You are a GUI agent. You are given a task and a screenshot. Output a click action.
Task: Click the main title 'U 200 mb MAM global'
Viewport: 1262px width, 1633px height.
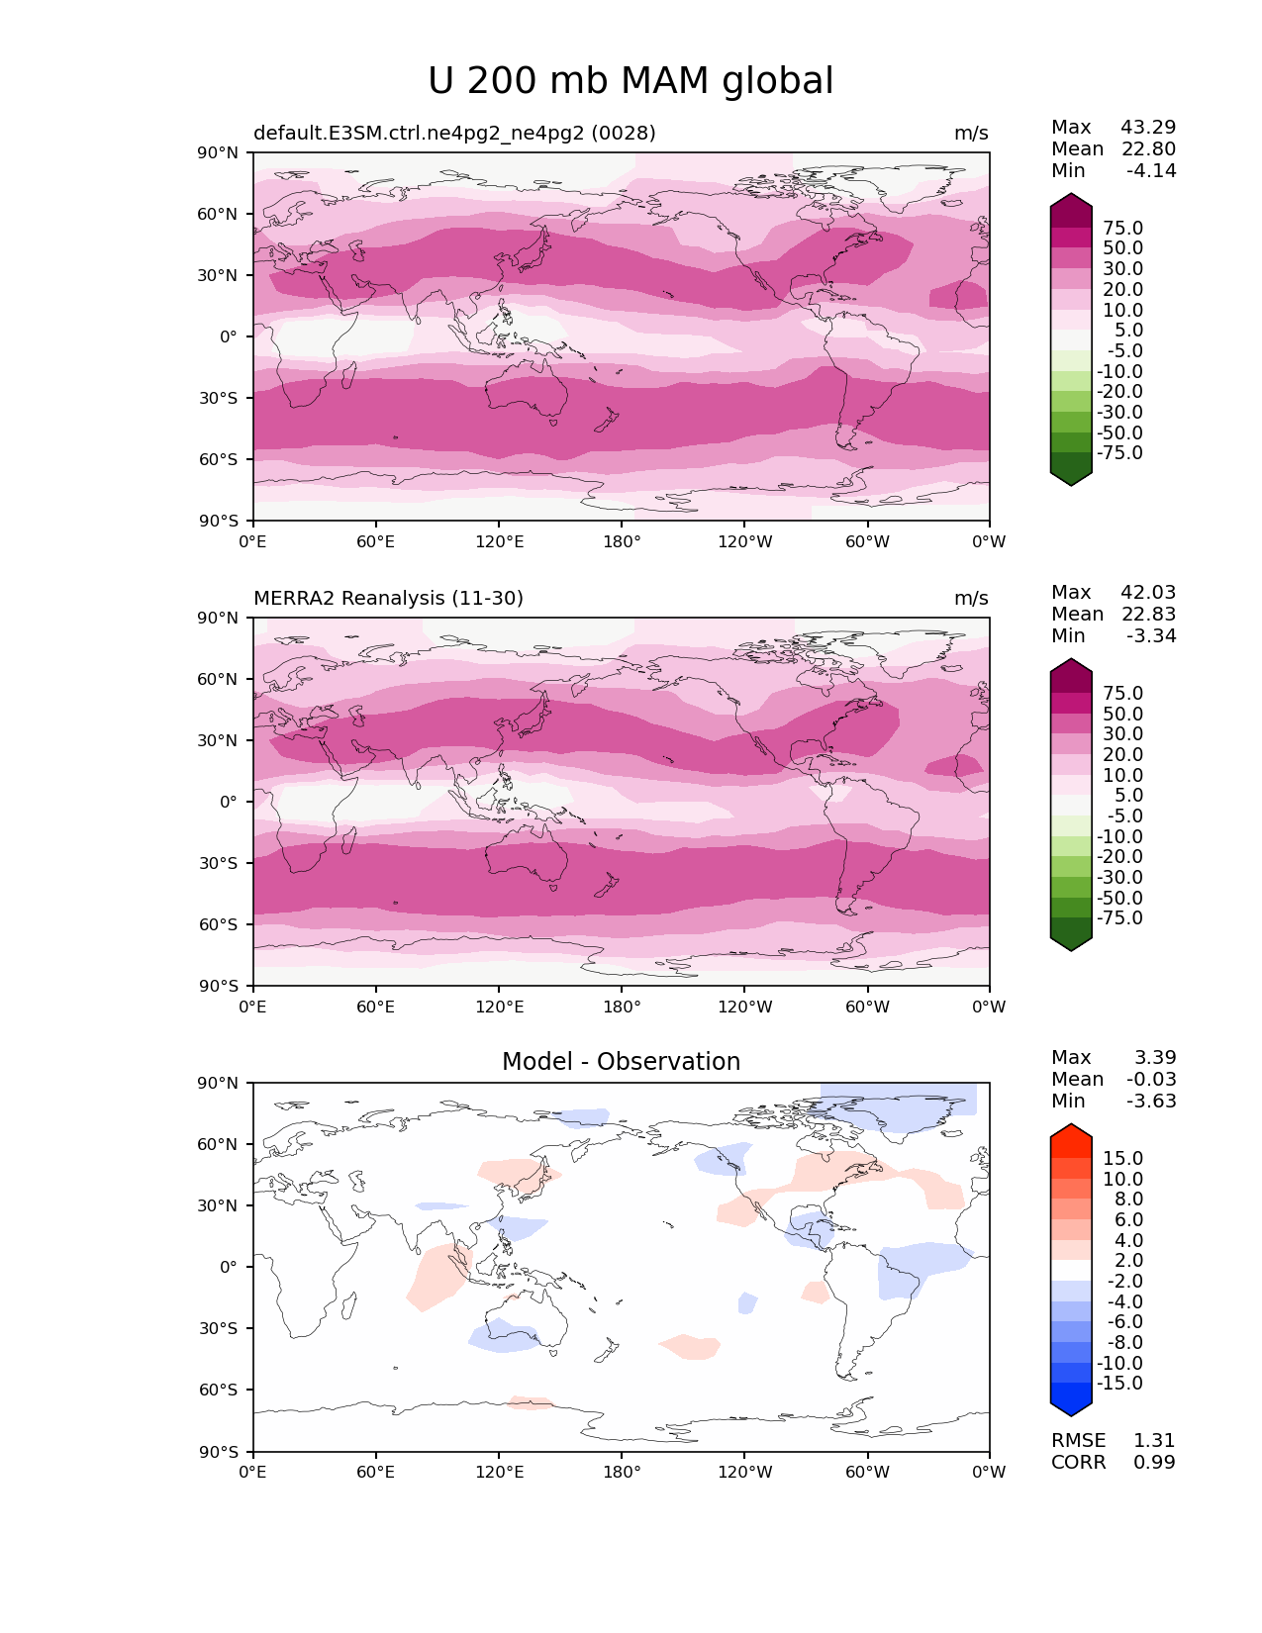tap(631, 81)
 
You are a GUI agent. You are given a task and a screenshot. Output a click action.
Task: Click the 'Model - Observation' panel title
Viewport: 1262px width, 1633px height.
tap(621, 1062)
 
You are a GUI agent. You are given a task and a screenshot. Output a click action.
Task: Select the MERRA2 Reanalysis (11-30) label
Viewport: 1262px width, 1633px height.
tap(388, 599)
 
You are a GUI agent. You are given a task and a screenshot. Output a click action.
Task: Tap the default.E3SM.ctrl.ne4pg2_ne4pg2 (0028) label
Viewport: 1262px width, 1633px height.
tap(454, 134)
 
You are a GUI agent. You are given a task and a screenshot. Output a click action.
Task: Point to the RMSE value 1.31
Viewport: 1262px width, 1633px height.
tap(1154, 1441)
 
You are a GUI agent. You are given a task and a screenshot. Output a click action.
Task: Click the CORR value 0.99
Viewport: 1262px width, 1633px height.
tap(1154, 1463)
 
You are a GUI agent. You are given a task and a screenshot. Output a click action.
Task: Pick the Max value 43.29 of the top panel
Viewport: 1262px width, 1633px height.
tap(1148, 128)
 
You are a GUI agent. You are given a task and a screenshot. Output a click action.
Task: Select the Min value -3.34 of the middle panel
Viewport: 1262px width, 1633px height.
tap(1151, 636)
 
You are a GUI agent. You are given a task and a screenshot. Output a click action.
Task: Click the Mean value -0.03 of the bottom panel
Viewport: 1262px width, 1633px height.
tap(1151, 1080)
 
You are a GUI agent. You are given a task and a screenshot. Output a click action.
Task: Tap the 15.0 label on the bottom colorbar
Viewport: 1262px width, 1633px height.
tap(1122, 1159)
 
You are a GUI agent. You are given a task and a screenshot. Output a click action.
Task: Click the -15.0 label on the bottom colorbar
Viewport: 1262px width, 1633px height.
tap(1119, 1384)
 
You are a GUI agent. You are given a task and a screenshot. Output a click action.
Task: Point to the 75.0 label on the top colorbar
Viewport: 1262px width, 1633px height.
tap(1122, 229)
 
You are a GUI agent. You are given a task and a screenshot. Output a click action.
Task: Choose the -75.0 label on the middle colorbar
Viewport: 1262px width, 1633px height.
tap(1119, 918)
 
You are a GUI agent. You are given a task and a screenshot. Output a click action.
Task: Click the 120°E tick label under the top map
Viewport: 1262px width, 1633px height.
tap(499, 542)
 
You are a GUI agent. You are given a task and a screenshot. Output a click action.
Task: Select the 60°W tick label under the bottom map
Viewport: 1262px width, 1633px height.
tap(867, 1473)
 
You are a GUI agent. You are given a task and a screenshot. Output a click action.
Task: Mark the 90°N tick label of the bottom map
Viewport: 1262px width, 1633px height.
tap(218, 1084)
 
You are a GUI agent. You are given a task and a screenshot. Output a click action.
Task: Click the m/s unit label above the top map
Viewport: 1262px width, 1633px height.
tap(971, 134)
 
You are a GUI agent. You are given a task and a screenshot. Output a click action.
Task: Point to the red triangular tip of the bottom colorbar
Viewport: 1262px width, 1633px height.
tap(1071, 1135)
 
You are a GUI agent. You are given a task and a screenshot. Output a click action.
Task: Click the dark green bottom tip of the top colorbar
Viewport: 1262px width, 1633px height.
tap(1071, 475)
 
